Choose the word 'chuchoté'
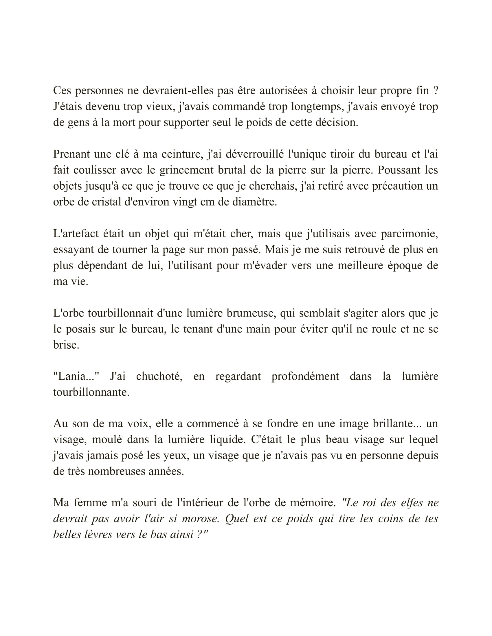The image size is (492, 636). (x=159, y=377)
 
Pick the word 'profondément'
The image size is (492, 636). (x=305, y=377)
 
